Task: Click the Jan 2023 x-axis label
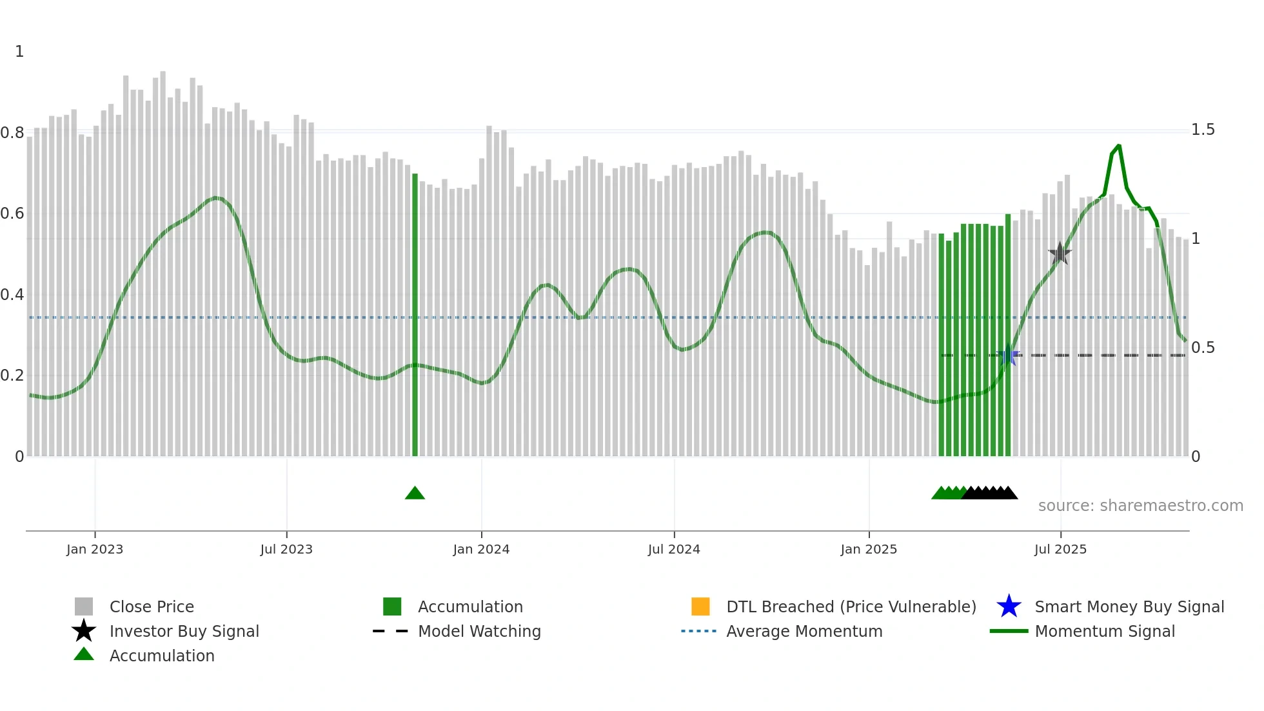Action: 95,549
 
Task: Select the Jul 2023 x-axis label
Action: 286,549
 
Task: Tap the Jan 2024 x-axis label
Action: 481,549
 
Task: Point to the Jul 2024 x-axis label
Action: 674,549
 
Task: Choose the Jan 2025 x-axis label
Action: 869,549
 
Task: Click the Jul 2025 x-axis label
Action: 1060,549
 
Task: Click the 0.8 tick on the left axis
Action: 12,133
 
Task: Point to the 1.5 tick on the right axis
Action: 1203,130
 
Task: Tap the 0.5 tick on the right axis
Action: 1203,348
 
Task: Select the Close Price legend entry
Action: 152,606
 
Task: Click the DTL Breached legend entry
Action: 851,606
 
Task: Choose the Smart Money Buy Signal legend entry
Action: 1129,606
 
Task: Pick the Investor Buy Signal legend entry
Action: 184,631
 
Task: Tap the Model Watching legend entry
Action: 479,631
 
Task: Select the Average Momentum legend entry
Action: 804,631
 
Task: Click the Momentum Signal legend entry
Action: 1105,631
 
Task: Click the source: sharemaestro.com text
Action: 1140,505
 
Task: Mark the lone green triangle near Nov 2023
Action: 415,494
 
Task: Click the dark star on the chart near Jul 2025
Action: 1060,254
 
